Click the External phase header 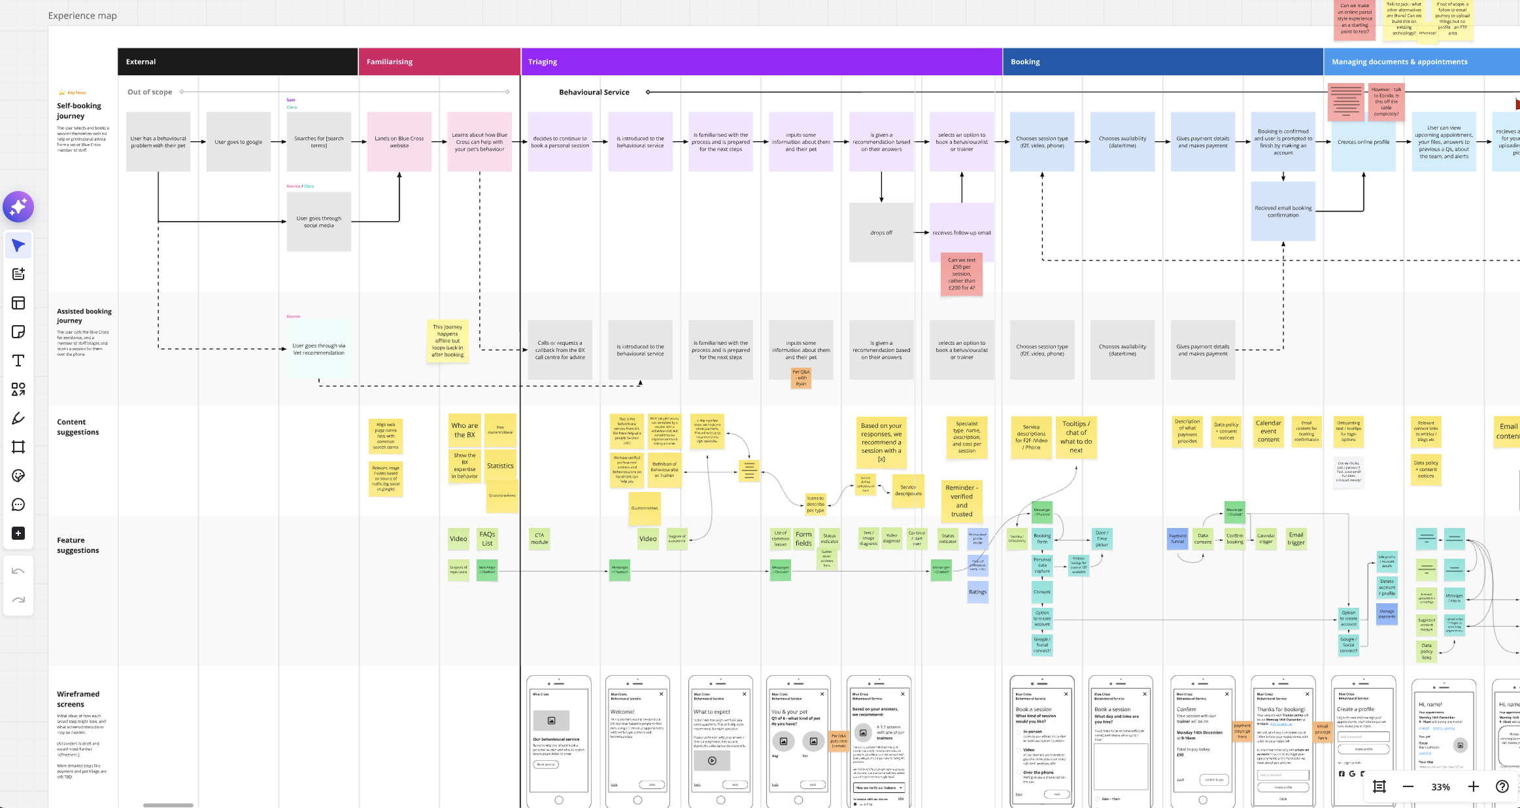pyautogui.click(x=141, y=61)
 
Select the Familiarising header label pyautogui.click(x=390, y=61)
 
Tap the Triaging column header pyautogui.click(x=543, y=61)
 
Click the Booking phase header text pyautogui.click(x=1025, y=61)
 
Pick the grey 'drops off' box pyautogui.click(x=881, y=232)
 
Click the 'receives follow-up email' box pyautogui.click(x=962, y=232)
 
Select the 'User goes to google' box pyautogui.click(x=239, y=142)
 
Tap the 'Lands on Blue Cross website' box pyautogui.click(x=399, y=142)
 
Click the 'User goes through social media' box pyautogui.click(x=318, y=222)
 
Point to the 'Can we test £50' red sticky pyautogui.click(x=962, y=273)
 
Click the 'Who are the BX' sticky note pyautogui.click(x=465, y=430)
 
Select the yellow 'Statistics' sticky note pyautogui.click(x=500, y=466)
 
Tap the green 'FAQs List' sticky pyautogui.click(x=487, y=538)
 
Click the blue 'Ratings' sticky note pyautogui.click(x=978, y=592)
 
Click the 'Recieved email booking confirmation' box pyautogui.click(x=1283, y=211)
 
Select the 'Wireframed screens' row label pyautogui.click(x=78, y=699)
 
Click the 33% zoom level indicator pyautogui.click(x=1441, y=787)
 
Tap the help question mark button pyautogui.click(x=1502, y=786)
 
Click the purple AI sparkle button pyautogui.click(x=18, y=207)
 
